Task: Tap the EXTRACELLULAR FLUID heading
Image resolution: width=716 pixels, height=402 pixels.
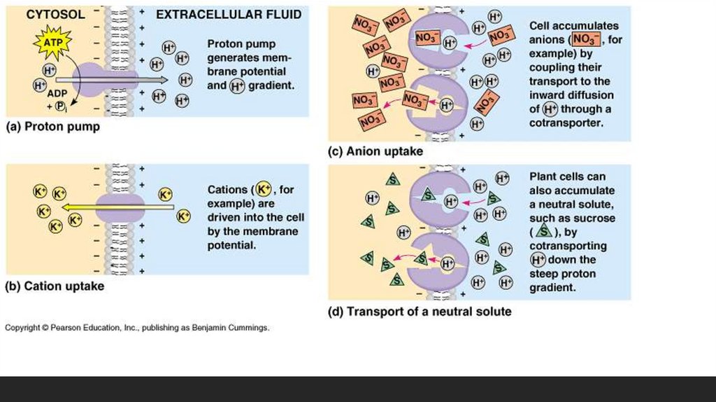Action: click(x=229, y=14)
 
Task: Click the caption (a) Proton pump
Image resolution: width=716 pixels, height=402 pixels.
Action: click(x=52, y=127)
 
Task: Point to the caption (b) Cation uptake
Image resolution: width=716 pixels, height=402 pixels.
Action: click(x=55, y=286)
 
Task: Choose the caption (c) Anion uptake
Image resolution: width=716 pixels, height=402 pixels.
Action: click(x=375, y=151)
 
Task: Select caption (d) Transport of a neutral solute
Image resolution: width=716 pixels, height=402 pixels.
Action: click(x=420, y=311)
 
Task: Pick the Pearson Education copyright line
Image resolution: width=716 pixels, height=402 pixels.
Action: click(x=137, y=328)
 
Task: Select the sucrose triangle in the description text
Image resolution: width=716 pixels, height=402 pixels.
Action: click(x=543, y=232)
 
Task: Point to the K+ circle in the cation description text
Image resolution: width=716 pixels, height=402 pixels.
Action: click(x=263, y=190)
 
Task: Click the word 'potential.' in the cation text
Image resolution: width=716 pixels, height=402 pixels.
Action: click(x=231, y=245)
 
